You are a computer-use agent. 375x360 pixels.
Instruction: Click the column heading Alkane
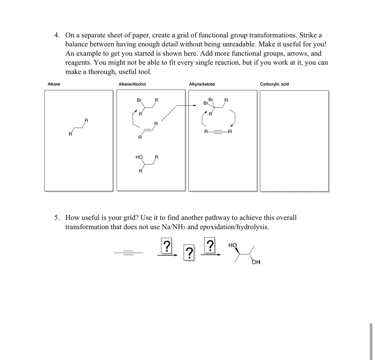pyautogui.click(x=54, y=84)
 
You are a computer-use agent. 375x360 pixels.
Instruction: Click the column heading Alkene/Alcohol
pyautogui.click(x=132, y=84)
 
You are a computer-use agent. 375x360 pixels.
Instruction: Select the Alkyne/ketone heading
pyautogui.click(x=202, y=84)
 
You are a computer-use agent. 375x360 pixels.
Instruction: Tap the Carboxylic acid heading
pyautogui.click(x=274, y=84)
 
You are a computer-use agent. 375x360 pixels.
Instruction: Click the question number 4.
pyautogui.click(x=57, y=35)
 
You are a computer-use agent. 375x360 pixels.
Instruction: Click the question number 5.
pyautogui.click(x=57, y=218)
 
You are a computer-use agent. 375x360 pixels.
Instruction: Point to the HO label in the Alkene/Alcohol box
pyautogui.click(x=139, y=157)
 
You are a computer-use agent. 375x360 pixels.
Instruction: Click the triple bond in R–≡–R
pyautogui.click(x=218, y=132)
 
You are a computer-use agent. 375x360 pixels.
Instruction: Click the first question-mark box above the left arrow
pyautogui.click(x=166, y=247)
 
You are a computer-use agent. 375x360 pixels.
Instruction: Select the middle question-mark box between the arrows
pyautogui.click(x=189, y=253)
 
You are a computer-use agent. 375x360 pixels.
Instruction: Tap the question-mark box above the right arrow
pyautogui.click(x=210, y=247)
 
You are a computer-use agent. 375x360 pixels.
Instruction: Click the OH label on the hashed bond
pyautogui.click(x=256, y=262)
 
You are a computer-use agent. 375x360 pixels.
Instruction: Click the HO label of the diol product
pyautogui.click(x=233, y=245)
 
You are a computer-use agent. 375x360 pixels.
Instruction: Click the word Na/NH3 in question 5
pyautogui.click(x=173, y=227)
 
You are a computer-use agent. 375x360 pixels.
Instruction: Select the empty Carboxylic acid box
pyautogui.click(x=294, y=141)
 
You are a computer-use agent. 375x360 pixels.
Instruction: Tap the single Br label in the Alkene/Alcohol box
pyautogui.click(x=139, y=100)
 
